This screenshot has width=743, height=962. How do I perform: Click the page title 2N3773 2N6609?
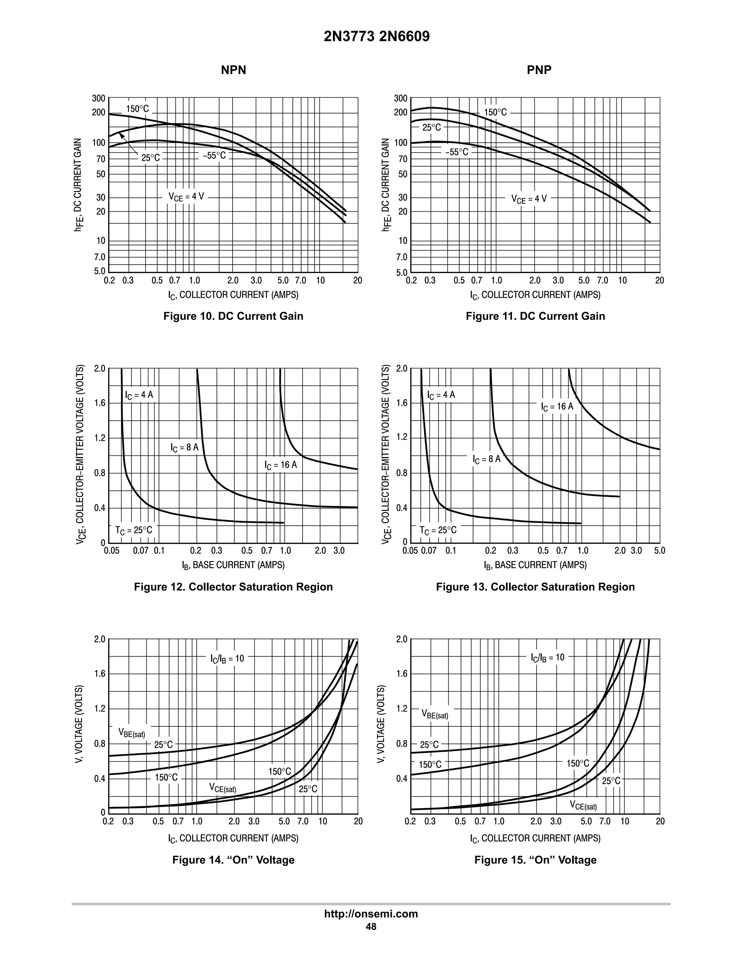click(376, 36)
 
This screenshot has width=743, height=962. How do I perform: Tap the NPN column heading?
click(233, 70)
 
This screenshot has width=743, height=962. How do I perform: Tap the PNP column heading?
click(539, 70)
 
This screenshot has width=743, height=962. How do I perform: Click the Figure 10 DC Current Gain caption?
click(233, 316)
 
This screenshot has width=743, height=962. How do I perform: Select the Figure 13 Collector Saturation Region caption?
click(535, 587)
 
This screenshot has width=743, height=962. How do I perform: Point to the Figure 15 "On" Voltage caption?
click(535, 860)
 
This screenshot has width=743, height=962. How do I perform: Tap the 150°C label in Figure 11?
click(495, 112)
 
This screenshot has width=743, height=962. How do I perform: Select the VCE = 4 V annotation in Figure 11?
click(529, 199)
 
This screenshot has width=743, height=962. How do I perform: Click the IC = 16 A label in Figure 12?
click(281, 465)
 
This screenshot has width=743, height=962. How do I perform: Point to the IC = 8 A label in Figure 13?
click(487, 460)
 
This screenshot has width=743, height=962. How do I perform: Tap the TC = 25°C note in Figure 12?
click(134, 530)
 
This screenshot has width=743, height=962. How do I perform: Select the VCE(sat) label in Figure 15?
click(583, 806)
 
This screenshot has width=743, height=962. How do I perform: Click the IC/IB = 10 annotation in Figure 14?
click(227, 659)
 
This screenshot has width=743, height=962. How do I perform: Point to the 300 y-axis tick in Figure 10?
click(99, 98)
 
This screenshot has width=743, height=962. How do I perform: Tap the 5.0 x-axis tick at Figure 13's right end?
click(659, 551)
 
